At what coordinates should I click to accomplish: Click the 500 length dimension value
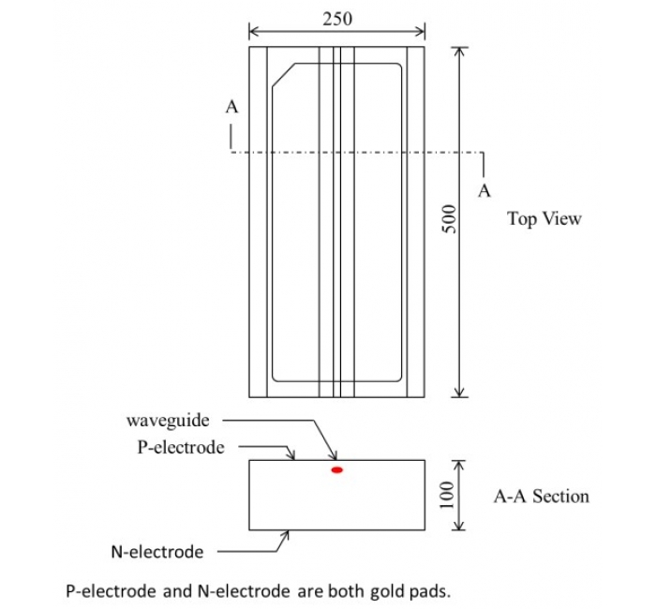click(x=448, y=221)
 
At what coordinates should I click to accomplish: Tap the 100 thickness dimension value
click(x=448, y=495)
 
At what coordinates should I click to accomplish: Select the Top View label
click(x=544, y=219)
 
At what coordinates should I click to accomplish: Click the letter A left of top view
click(x=231, y=107)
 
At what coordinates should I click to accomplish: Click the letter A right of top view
click(x=485, y=191)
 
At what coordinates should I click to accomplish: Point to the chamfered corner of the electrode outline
click(x=282, y=76)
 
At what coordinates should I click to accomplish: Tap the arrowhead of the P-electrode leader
click(x=293, y=458)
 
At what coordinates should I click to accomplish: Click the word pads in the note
click(x=410, y=591)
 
